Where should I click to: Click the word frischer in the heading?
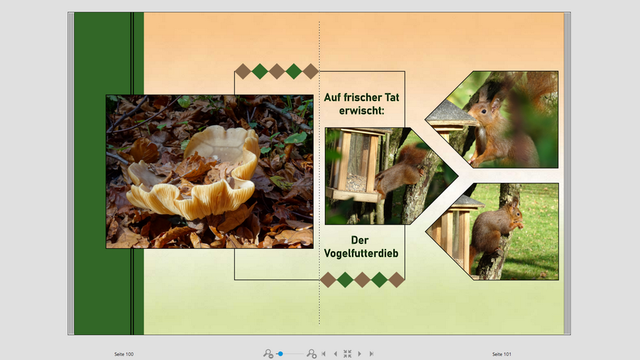point(361,97)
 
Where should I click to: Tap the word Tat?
point(392,97)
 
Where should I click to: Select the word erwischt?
point(362,110)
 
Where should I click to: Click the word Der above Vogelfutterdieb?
point(360,240)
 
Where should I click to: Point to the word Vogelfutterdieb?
point(361,253)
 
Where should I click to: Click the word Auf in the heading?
point(332,97)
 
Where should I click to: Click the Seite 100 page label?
point(124,354)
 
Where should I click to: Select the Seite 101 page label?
point(501,354)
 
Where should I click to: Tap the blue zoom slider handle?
point(280,354)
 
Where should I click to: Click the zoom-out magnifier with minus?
point(268,354)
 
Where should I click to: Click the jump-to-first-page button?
point(324,354)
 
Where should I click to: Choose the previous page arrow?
point(335,354)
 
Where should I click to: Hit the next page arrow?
point(360,354)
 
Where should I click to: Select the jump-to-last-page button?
point(371,354)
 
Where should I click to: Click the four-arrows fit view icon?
point(347,354)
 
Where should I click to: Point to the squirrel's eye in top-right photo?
point(484,111)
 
